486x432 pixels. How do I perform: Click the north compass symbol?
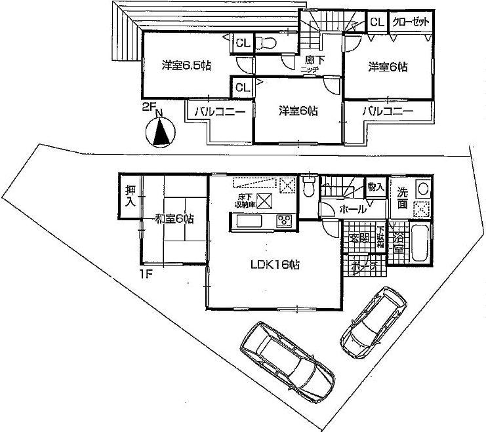click(x=161, y=132)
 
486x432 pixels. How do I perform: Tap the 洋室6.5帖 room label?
click(x=186, y=66)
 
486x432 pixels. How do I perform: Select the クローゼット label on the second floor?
click(x=411, y=22)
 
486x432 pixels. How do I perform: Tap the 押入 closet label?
click(x=129, y=196)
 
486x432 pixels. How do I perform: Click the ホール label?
click(x=352, y=210)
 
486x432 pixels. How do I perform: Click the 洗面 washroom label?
click(x=402, y=199)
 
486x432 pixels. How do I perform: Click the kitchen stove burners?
click(x=285, y=221)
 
